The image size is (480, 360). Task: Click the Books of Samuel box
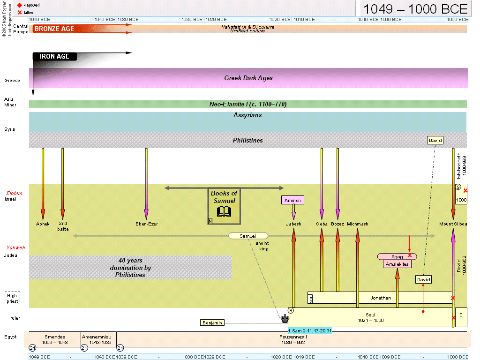(224, 206)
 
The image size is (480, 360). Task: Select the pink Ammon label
(292, 200)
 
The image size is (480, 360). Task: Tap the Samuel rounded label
(248, 236)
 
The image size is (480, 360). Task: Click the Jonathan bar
(380, 298)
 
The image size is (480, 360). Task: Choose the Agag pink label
(397, 256)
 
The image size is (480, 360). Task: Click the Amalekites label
(397, 264)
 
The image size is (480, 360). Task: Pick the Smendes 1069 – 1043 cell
(55, 339)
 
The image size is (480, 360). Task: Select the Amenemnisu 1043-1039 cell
(98, 339)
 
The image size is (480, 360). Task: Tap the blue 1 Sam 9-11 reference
(309, 331)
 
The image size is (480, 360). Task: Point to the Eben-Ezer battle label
(146, 224)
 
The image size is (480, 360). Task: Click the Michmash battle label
(358, 224)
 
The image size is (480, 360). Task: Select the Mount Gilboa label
(453, 224)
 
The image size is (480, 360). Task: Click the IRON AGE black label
(54, 57)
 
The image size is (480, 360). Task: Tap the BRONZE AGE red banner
(54, 29)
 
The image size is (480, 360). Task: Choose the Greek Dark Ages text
(248, 78)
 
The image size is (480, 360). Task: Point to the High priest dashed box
(12, 299)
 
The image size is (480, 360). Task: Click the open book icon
(224, 211)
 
